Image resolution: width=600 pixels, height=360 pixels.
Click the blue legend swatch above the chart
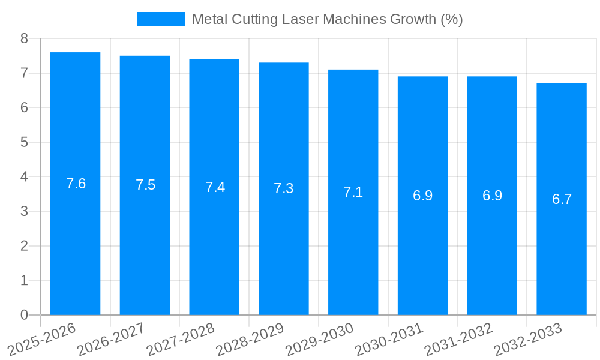coord(160,19)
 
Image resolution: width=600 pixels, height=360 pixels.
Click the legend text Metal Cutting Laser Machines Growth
coord(327,19)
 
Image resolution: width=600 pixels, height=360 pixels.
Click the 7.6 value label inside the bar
coord(76,184)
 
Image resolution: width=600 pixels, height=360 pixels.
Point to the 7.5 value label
coord(145,185)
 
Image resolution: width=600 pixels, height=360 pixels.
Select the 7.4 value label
coord(215,187)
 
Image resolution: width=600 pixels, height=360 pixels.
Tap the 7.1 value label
coord(353,192)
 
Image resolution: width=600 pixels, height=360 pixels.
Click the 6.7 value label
coord(562,199)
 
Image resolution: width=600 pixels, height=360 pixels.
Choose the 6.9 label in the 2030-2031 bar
coord(422,196)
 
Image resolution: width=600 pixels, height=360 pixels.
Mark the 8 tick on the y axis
coord(24,38)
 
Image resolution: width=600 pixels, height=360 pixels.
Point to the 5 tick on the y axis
coord(24,142)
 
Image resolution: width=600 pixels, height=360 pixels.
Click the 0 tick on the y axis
coord(24,315)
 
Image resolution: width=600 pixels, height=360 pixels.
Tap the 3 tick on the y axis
coord(24,211)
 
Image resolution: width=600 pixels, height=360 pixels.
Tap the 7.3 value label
coord(283,188)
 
